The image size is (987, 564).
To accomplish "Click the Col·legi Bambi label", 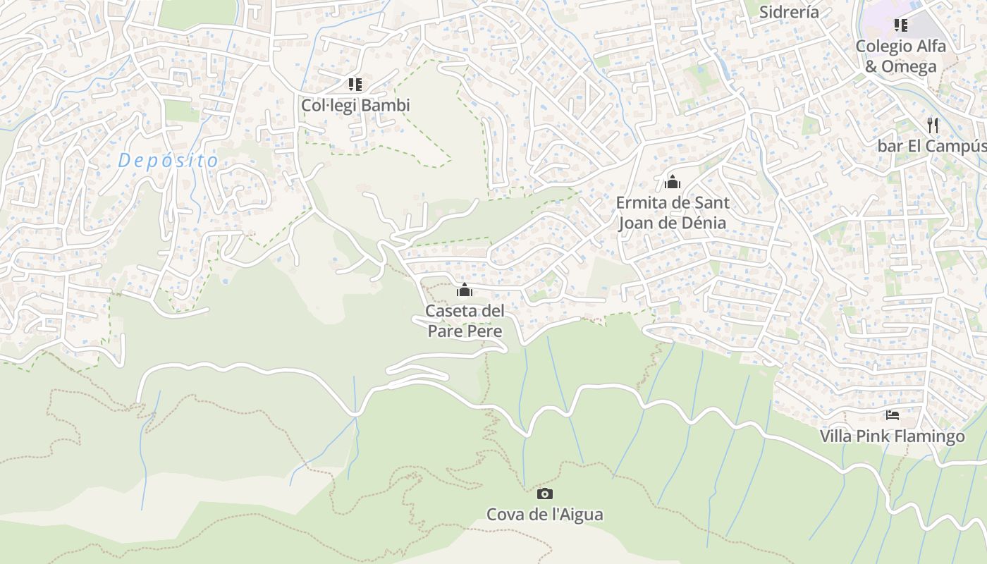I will tap(355, 105).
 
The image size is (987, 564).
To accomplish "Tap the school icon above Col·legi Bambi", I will tap(355, 85).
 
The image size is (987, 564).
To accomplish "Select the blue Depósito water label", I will tap(168, 161).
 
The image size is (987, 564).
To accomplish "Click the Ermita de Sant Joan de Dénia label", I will tap(672, 213).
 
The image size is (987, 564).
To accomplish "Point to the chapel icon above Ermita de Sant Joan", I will tap(673, 183).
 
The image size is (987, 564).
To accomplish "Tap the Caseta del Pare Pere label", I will tap(465, 321).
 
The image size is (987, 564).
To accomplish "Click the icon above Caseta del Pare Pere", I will tap(465, 290).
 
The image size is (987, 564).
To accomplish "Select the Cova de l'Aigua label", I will tap(544, 515).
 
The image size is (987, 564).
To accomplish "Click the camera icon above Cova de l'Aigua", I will tap(545, 493).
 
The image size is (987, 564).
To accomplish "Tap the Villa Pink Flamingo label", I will tap(892, 436).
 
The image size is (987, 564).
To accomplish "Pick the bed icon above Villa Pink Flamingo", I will tap(893, 415).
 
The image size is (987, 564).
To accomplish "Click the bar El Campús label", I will tap(931, 146).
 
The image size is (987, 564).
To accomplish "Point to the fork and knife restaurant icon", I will tap(933, 125).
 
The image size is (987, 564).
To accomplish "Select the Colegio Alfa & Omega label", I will tap(900, 56).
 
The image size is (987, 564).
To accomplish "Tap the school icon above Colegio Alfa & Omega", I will tap(900, 25).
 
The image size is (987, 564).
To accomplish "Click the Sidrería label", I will tap(790, 12).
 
